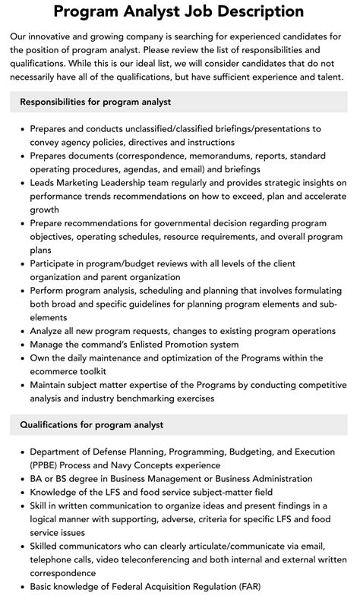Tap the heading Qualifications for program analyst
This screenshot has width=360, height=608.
tap(91, 424)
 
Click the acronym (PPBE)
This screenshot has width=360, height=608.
tap(47, 465)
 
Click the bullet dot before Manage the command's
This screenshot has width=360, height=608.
tap(20, 344)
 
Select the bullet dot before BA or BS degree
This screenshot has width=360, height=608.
tap(20, 478)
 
